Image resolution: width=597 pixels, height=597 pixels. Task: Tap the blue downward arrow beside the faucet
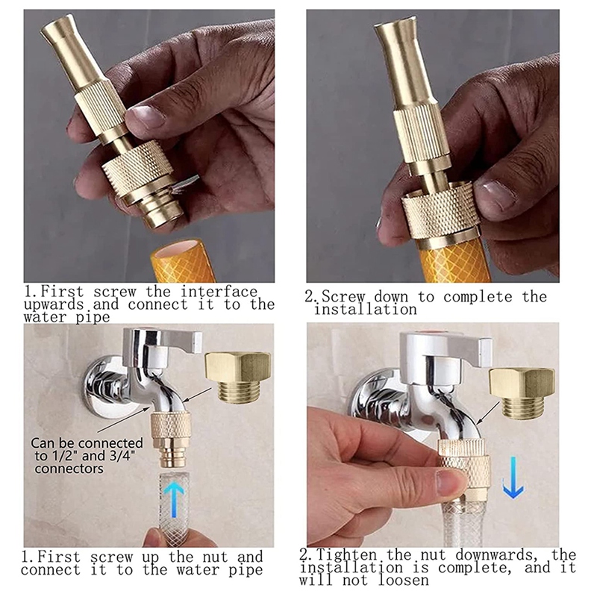(513, 477)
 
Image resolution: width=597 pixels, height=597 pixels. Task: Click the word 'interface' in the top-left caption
(219, 292)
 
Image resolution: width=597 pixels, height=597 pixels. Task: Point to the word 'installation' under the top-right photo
(365, 309)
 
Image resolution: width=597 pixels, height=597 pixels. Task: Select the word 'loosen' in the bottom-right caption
(404, 581)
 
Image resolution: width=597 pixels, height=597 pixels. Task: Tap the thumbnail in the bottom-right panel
(450, 482)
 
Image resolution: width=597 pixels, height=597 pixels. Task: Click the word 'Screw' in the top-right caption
(343, 297)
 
